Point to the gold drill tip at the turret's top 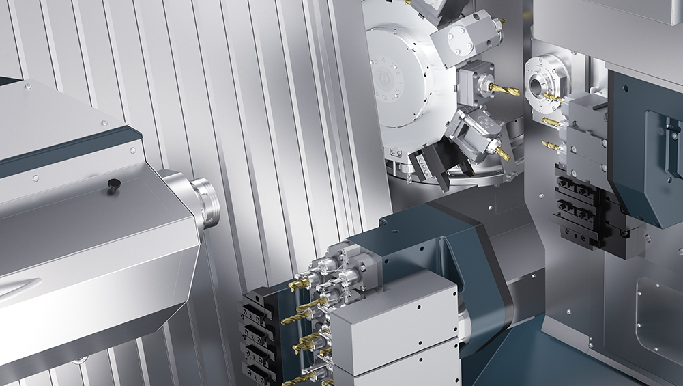(502, 23)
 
